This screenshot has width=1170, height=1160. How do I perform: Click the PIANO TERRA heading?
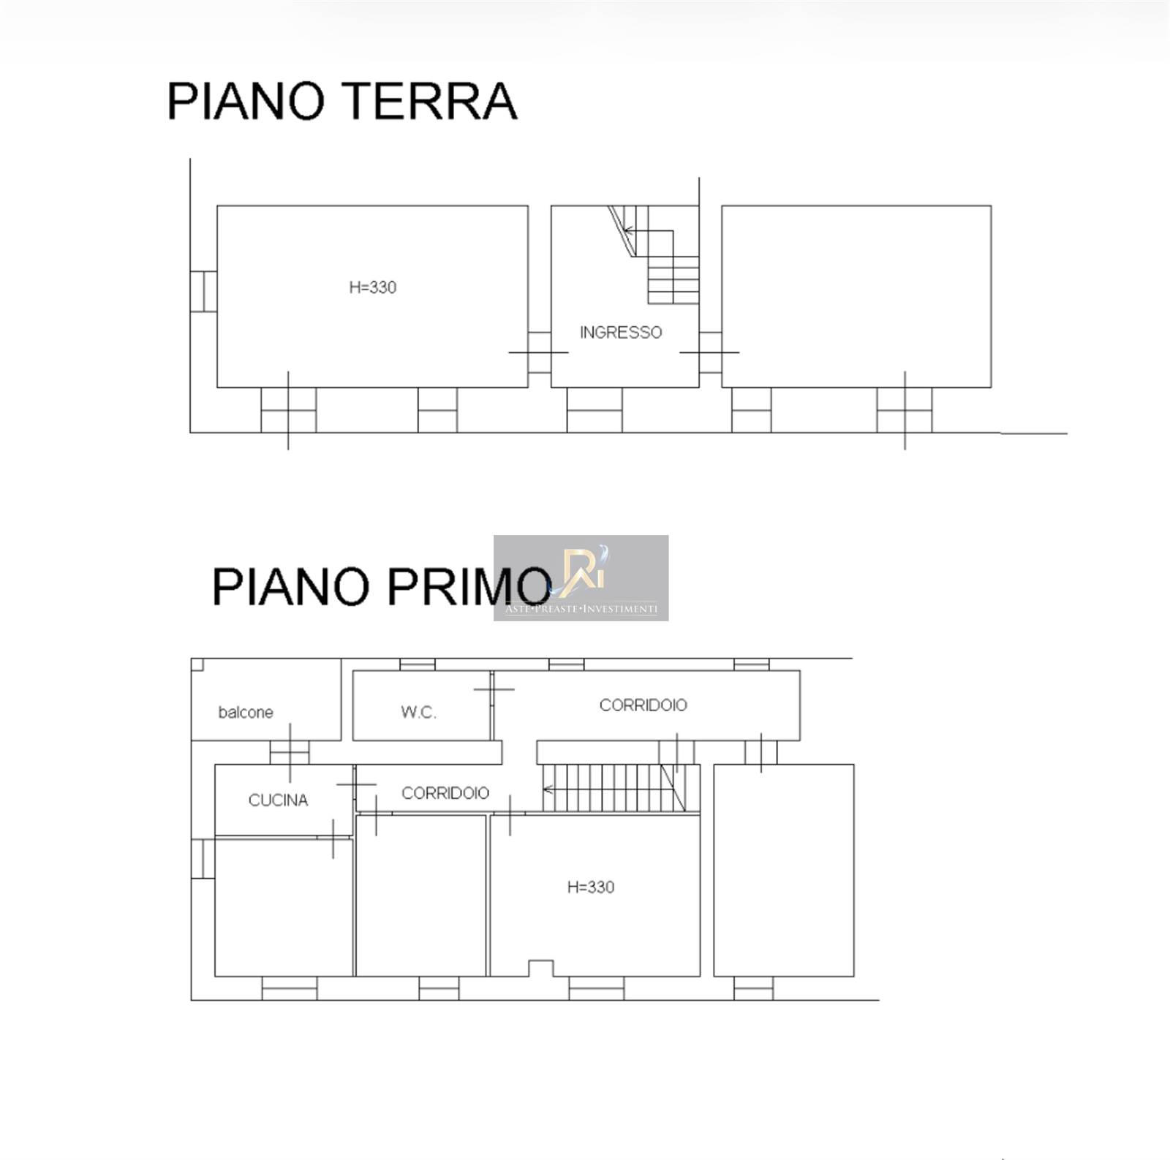(342, 101)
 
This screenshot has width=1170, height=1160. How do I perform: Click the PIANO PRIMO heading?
(381, 586)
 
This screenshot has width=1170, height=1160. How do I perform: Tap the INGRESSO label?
(621, 333)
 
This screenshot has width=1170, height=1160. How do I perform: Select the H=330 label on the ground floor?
(373, 287)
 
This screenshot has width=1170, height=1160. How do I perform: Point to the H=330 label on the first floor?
(591, 887)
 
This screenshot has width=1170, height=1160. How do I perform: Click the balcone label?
(246, 713)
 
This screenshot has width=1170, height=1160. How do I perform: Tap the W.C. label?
(418, 713)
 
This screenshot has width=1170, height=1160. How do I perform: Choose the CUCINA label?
(278, 800)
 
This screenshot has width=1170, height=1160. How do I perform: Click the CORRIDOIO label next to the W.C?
(643, 705)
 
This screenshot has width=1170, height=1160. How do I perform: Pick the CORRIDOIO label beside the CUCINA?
(445, 793)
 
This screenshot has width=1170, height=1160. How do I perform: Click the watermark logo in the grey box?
(581, 577)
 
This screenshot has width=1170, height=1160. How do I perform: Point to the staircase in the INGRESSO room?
(654, 254)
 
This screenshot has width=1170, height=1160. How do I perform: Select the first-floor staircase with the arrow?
(621, 788)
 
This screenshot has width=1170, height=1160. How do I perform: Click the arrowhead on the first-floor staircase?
(547, 789)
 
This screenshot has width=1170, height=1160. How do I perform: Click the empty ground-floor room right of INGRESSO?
(856, 296)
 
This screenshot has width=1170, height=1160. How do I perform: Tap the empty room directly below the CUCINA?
(284, 907)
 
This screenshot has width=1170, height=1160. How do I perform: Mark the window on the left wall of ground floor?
(203, 291)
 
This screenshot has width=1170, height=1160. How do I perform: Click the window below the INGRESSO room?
(595, 410)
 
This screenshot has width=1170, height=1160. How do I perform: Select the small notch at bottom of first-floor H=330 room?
(540, 968)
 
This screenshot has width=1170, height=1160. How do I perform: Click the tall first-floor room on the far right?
(784, 871)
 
